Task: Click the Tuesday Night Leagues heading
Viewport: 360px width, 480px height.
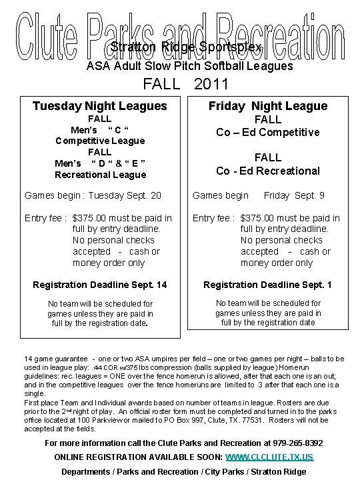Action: coord(100,106)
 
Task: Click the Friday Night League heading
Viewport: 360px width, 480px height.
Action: coord(268,106)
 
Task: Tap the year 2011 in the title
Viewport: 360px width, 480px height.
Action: coord(211,85)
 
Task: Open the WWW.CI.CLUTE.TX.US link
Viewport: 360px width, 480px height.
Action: coord(269,457)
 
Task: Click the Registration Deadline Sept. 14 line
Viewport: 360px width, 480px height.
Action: coord(100,285)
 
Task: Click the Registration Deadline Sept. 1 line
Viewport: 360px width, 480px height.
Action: coord(268,285)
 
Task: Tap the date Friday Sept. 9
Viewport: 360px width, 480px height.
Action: coord(295,196)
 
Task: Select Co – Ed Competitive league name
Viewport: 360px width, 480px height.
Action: coord(268,132)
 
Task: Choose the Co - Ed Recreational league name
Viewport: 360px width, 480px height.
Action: coord(268,171)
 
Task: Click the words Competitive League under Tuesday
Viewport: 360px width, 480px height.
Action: coord(100,141)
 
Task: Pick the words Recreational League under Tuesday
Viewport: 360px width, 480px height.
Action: coord(100,175)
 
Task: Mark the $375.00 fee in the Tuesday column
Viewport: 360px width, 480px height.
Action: coord(93,218)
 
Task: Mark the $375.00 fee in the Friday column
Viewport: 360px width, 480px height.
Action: coord(261,218)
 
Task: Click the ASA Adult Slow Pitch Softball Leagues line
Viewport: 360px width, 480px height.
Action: coord(190,66)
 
